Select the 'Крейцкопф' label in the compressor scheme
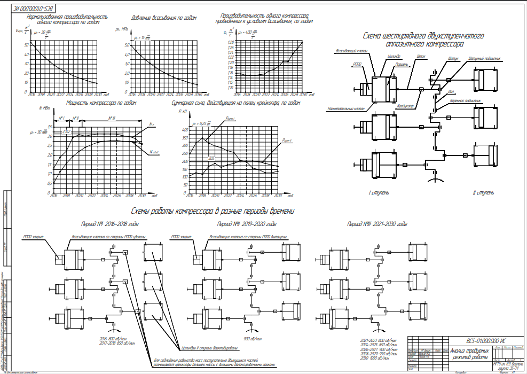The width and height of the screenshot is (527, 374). click(x=406, y=106)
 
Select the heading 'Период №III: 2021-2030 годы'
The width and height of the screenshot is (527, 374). click(x=377, y=224)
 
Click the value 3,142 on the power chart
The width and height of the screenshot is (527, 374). click(x=67, y=131)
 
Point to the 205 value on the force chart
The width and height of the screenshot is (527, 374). click(x=211, y=158)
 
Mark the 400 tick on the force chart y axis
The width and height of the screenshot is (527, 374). click(x=185, y=130)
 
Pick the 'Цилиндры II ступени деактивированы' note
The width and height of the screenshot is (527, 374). click(x=207, y=346)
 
